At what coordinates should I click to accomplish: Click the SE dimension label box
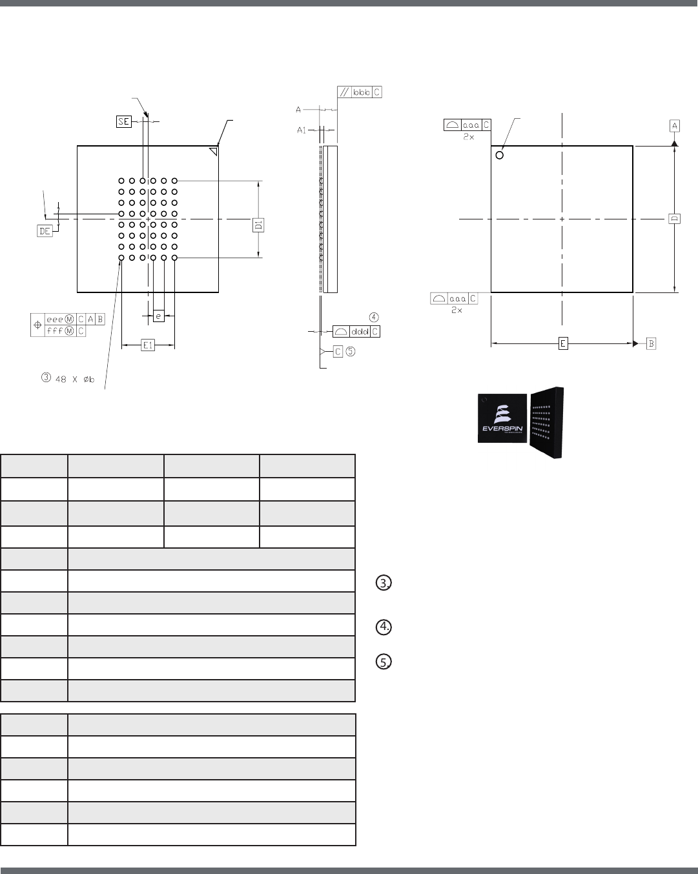[x=124, y=121]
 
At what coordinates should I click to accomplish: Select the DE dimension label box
[x=45, y=231]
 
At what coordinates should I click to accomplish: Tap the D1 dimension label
[x=258, y=225]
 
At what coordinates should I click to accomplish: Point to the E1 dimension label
[x=148, y=345]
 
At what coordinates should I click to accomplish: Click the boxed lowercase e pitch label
[x=158, y=316]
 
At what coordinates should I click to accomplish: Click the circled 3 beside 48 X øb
[x=45, y=378]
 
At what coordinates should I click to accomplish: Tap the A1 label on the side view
[x=302, y=130]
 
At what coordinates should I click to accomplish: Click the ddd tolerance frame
[x=356, y=331]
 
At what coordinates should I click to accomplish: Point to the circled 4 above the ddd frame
[x=374, y=317]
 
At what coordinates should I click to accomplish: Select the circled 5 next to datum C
[x=350, y=352]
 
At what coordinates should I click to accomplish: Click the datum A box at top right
[x=674, y=125]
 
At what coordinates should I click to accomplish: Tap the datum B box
[x=652, y=343]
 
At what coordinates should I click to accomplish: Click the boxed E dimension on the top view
[x=563, y=343]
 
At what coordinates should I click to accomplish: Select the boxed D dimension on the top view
[x=674, y=219]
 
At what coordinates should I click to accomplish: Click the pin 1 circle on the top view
[x=500, y=155]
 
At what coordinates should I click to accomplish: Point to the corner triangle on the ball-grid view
[x=212, y=151]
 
